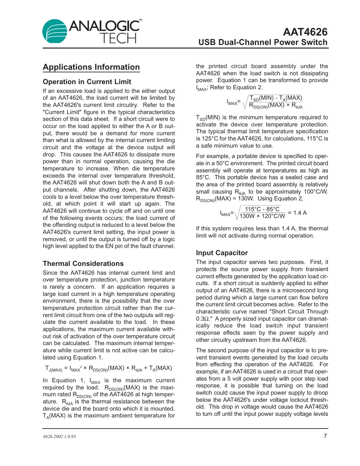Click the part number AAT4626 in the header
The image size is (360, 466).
305,32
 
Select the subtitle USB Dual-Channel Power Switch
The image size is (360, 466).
263,42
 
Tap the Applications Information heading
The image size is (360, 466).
91,67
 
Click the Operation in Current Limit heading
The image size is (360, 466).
87,82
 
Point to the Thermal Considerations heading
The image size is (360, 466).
83,264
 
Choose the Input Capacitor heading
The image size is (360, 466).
222,253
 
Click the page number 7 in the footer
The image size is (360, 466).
325,436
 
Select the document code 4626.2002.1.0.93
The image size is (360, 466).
59,437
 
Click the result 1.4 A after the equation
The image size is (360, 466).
300,213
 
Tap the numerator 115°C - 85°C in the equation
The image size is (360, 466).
262,209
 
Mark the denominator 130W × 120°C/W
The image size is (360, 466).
262,216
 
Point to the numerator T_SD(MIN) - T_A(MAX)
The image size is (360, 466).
276,98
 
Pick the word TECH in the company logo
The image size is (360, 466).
118,39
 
